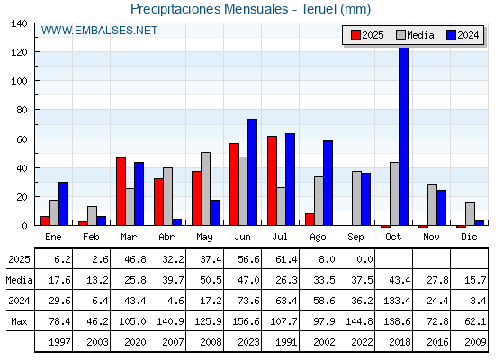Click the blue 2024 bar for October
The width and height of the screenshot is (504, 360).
click(x=404, y=136)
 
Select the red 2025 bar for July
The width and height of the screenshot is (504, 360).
click(x=272, y=181)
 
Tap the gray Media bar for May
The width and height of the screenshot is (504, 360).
click(x=205, y=189)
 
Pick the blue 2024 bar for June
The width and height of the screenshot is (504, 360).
click(x=252, y=172)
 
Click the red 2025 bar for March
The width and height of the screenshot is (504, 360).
click(x=121, y=191)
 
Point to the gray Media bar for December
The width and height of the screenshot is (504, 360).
click(x=470, y=214)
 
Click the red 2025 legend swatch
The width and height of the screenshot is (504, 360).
click(x=355, y=35)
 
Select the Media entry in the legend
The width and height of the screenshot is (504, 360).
click(x=415, y=35)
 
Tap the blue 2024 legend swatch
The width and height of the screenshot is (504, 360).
click(x=451, y=35)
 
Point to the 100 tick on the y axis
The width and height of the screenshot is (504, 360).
click(x=19, y=81)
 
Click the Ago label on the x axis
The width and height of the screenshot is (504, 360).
click(x=318, y=238)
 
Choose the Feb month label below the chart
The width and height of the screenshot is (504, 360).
click(x=91, y=237)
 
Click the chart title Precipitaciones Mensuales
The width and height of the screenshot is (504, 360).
click(x=209, y=9)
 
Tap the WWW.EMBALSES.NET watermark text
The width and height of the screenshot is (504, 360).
click(x=99, y=31)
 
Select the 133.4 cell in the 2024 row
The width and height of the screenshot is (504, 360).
click(x=397, y=301)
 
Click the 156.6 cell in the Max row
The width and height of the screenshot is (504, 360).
click(x=246, y=321)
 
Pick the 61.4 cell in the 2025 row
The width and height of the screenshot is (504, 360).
click(x=286, y=259)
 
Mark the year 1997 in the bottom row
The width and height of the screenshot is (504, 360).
click(x=59, y=342)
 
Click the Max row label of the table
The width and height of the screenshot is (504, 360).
click(x=19, y=321)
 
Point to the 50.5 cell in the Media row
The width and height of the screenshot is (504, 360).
click(x=211, y=280)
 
